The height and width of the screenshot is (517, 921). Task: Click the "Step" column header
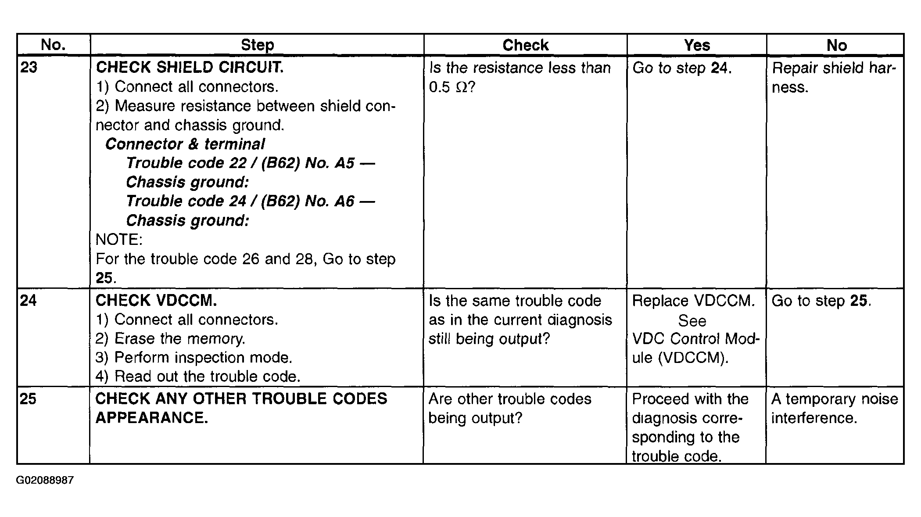pos(257,45)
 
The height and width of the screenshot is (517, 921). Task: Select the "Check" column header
pos(525,45)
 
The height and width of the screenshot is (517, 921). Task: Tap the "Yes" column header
pos(697,45)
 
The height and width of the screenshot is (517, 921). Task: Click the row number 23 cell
pos(29,68)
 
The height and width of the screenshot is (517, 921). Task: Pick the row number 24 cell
pos(28,301)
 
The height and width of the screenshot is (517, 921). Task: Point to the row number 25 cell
pos(28,399)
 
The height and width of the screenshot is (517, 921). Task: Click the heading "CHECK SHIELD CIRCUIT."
pos(190,67)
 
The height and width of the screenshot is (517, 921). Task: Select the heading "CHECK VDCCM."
pos(156,301)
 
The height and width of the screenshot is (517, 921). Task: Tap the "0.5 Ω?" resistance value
pos(452,87)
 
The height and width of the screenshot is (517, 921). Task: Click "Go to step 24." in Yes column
pos(682,68)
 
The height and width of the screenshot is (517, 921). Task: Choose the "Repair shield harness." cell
pos(834,77)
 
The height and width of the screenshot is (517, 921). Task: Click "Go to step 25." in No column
pos(821,301)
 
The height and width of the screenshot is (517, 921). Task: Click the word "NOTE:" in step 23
pos(119,240)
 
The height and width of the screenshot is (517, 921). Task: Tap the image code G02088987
pos(45,480)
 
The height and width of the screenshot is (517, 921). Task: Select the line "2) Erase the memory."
pos(170,339)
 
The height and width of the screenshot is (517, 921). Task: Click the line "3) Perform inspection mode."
pos(194,358)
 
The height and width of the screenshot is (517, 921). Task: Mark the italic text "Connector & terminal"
pos(185,144)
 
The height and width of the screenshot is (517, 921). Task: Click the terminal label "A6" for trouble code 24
pos(344,201)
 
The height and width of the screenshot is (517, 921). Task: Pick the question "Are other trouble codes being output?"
pos(509,408)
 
